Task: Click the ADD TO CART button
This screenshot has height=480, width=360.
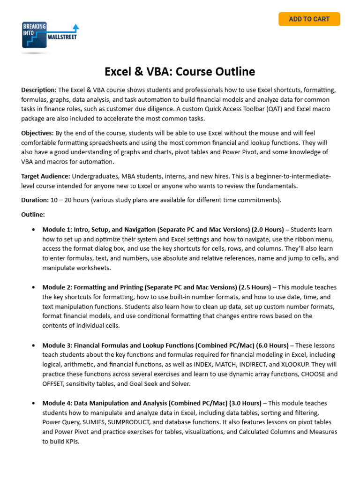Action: pyautogui.click(x=309, y=19)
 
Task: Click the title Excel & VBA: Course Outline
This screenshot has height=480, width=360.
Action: pyautogui.click(x=180, y=72)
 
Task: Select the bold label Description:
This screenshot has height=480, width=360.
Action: pyautogui.click(x=39, y=90)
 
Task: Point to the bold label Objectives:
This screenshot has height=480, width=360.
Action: pyautogui.click(x=37, y=133)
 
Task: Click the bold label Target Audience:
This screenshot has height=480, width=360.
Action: pyautogui.click(x=45, y=176)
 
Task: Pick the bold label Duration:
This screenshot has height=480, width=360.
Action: pyautogui.click(x=35, y=200)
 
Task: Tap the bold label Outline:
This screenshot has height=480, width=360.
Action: pyautogui.click(x=33, y=215)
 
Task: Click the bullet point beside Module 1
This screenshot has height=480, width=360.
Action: pyautogui.click(x=33, y=230)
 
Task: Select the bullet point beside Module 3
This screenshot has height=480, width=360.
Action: pyautogui.click(x=33, y=345)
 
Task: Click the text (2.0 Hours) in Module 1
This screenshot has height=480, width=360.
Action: pyautogui.click(x=268, y=230)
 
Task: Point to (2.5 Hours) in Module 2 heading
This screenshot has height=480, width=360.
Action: pyautogui.click(x=255, y=287)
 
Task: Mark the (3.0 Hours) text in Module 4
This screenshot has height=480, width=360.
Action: pyautogui.click(x=245, y=403)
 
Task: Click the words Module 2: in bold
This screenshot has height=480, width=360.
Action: pyautogui.click(x=57, y=287)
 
